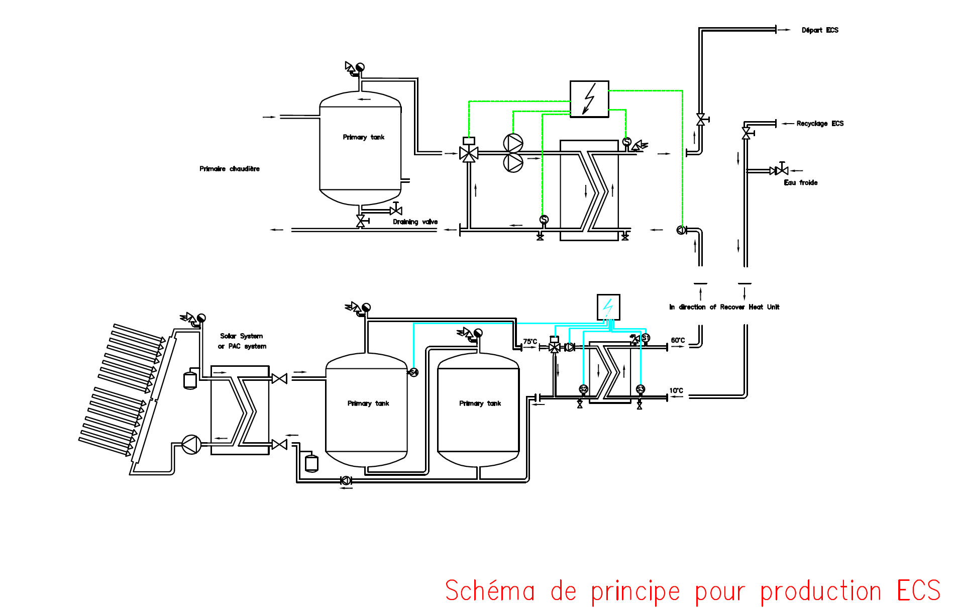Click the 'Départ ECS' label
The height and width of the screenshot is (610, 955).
(x=819, y=30)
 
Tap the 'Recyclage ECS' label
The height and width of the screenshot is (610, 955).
(x=819, y=124)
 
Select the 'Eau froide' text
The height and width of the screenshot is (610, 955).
(x=800, y=183)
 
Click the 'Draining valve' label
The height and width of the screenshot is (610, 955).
(x=415, y=222)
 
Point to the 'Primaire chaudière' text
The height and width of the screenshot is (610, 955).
(x=229, y=169)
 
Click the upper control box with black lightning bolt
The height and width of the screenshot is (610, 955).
(x=589, y=99)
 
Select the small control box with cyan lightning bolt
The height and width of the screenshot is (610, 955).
(x=608, y=307)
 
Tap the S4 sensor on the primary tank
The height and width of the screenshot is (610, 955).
(x=413, y=372)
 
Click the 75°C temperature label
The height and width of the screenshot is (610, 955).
(x=530, y=341)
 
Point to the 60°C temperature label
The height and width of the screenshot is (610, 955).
(x=678, y=340)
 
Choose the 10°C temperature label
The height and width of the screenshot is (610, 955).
(x=676, y=390)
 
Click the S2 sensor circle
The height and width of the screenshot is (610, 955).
(x=583, y=389)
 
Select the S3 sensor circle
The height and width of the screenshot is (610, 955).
(x=640, y=389)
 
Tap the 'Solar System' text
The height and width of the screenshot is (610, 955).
(x=241, y=336)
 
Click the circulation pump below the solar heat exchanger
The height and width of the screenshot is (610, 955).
(x=191, y=444)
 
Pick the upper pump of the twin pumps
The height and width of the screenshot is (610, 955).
(x=513, y=143)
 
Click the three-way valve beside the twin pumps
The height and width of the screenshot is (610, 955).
(x=469, y=153)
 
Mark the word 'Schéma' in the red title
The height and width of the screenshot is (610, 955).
(x=490, y=591)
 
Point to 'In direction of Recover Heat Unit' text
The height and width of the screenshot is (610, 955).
(x=724, y=307)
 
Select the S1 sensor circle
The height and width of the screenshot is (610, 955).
(x=646, y=338)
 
